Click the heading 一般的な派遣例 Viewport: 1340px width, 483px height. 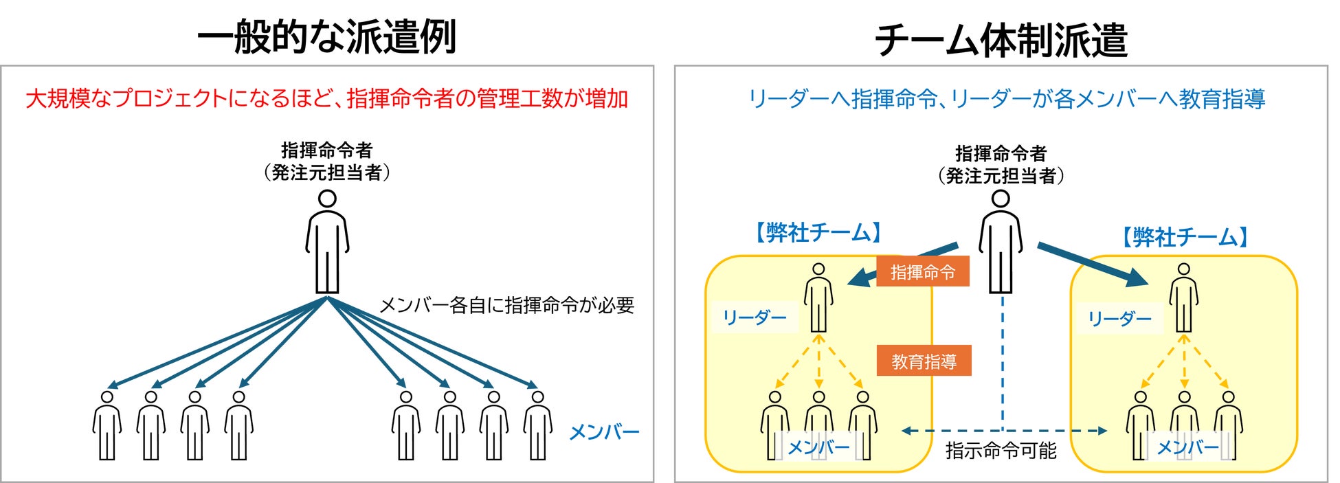point(327,37)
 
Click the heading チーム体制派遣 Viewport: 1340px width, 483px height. point(1001,40)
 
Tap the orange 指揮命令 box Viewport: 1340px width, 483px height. point(922,272)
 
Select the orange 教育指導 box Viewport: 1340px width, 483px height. point(924,361)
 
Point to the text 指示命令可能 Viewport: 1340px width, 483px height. point(1001,451)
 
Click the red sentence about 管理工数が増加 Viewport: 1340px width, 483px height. point(327,99)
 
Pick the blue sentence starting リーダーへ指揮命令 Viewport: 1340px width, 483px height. point(1006,99)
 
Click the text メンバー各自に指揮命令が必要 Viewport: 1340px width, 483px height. point(506,305)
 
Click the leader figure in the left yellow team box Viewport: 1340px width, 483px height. point(818,298)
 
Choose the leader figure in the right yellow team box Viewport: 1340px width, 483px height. point(1183,298)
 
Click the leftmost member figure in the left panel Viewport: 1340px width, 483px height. point(107,425)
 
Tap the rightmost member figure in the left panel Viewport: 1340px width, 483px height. point(537,425)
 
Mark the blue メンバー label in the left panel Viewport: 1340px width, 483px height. point(604,432)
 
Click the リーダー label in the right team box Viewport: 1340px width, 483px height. point(1119,318)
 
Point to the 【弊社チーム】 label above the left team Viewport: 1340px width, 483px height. point(818,233)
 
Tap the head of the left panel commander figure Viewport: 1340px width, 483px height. point(327,199)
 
